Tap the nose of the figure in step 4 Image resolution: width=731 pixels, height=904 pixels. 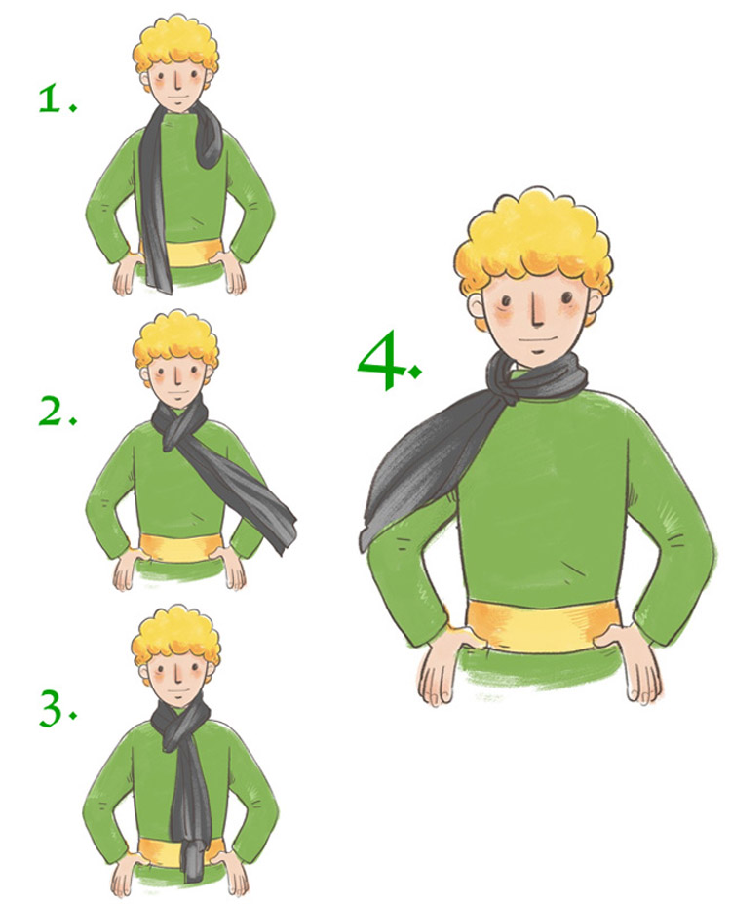[536, 314]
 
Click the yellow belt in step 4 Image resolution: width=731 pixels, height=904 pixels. [542, 626]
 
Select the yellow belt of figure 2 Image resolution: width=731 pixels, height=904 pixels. [180, 546]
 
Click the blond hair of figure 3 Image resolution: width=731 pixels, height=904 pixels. [175, 636]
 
